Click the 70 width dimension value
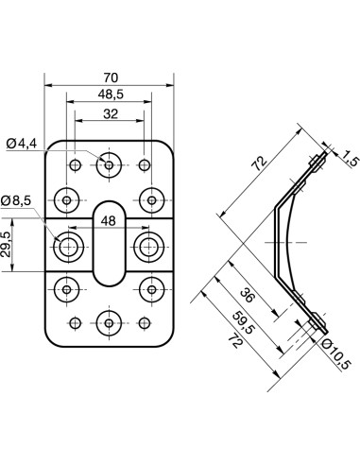click(x=110, y=77)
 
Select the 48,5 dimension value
click(x=111, y=95)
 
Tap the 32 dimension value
click(x=111, y=113)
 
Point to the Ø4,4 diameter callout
click(x=22, y=144)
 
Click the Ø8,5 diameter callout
click(x=16, y=200)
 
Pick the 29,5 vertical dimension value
click(x=6, y=245)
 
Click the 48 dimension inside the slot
click(x=108, y=221)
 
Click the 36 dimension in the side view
click(x=247, y=296)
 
